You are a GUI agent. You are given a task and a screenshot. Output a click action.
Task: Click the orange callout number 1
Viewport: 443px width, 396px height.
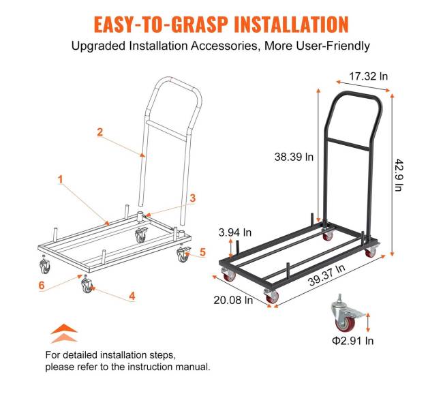pyautogui.click(x=60, y=179)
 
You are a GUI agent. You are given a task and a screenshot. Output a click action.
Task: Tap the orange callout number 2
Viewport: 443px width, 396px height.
pyautogui.click(x=100, y=132)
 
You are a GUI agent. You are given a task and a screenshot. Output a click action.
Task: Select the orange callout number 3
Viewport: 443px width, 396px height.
pyautogui.click(x=193, y=198)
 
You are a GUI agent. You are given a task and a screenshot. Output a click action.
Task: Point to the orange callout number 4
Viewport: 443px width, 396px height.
pyautogui.click(x=132, y=296)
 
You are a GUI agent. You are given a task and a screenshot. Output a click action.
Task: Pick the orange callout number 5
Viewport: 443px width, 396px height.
pyautogui.click(x=202, y=252)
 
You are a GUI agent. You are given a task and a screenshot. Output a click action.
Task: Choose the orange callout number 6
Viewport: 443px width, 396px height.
pyautogui.click(x=42, y=286)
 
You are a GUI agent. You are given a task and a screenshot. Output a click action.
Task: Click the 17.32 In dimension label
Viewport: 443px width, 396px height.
pyautogui.click(x=369, y=76)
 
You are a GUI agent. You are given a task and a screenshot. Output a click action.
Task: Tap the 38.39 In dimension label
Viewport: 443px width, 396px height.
pyautogui.click(x=294, y=157)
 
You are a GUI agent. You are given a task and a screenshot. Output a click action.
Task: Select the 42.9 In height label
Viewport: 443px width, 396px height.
pyautogui.click(x=399, y=175)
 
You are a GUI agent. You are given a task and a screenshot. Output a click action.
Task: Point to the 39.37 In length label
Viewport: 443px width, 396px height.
pyautogui.click(x=326, y=275)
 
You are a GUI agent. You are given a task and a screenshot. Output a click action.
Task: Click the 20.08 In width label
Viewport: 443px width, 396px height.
pyautogui.click(x=233, y=300)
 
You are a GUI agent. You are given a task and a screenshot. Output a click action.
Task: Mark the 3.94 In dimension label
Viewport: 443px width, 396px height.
pyautogui.click(x=234, y=232)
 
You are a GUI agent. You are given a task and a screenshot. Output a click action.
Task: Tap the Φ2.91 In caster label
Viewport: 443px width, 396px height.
pyautogui.click(x=352, y=341)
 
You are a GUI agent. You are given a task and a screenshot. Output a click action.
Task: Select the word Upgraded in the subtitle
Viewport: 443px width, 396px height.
pyautogui.click(x=99, y=46)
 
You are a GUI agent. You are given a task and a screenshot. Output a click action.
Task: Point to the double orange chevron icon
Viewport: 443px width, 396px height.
pyautogui.click(x=64, y=333)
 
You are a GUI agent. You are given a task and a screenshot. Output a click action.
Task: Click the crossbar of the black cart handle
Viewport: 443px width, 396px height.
pyautogui.click(x=348, y=144)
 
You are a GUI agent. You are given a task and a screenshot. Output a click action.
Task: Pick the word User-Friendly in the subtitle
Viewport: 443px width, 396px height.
pyautogui.click(x=333, y=46)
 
